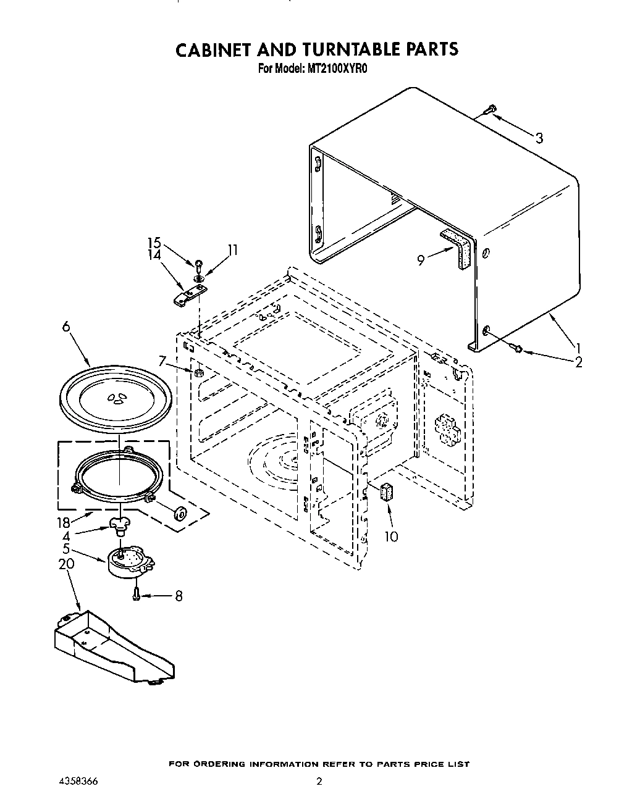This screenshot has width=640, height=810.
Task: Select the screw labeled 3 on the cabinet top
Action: point(489,110)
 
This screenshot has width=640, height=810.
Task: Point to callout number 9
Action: point(421,261)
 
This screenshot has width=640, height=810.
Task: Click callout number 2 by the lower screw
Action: point(578,362)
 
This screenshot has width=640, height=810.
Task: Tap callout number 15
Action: point(153,243)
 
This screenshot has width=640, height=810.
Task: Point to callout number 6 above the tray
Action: point(65,328)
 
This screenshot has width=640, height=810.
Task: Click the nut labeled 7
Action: point(199,374)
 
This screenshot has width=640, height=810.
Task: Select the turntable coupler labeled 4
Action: point(120,525)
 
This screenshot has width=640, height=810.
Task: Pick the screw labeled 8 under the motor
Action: point(137,595)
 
